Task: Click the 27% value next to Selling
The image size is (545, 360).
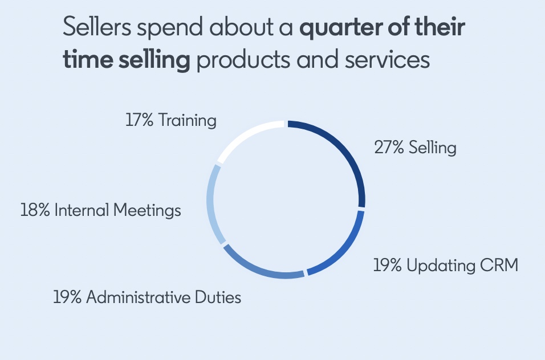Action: click(x=389, y=148)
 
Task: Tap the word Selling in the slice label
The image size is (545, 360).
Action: click(x=433, y=148)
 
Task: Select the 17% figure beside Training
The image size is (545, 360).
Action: click(x=139, y=121)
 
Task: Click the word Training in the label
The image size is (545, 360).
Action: click(x=188, y=121)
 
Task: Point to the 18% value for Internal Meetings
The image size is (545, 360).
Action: click(x=36, y=210)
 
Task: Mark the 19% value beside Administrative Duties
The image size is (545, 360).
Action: click(x=68, y=297)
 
